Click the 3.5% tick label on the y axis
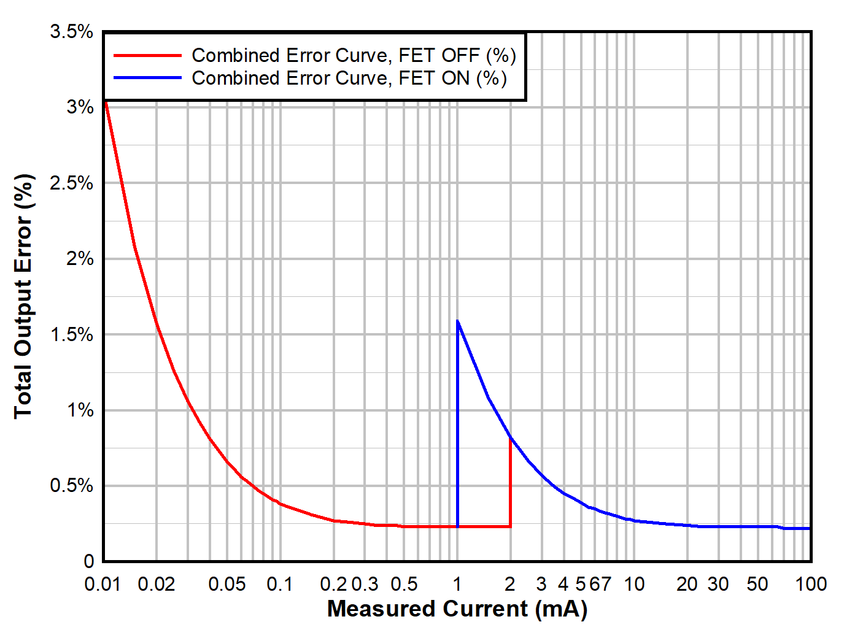(x=71, y=32)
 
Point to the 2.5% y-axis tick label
(x=71, y=183)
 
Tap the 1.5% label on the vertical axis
(x=71, y=334)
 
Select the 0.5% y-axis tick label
(x=71, y=486)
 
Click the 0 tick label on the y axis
(x=89, y=561)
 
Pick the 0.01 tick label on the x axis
(x=103, y=584)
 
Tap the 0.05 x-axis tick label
(x=227, y=584)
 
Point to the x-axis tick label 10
(x=634, y=584)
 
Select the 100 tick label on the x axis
(x=811, y=584)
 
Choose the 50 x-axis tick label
(x=757, y=584)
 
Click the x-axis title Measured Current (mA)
(x=457, y=609)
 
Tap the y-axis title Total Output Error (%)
(x=23, y=296)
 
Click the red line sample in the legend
(x=148, y=55)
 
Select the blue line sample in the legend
(x=148, y=78)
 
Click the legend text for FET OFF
(x=354, y=55)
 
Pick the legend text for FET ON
(x=349, y=78)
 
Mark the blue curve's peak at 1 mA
(x=458, y=321)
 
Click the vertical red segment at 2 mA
(x=510, y=485)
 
